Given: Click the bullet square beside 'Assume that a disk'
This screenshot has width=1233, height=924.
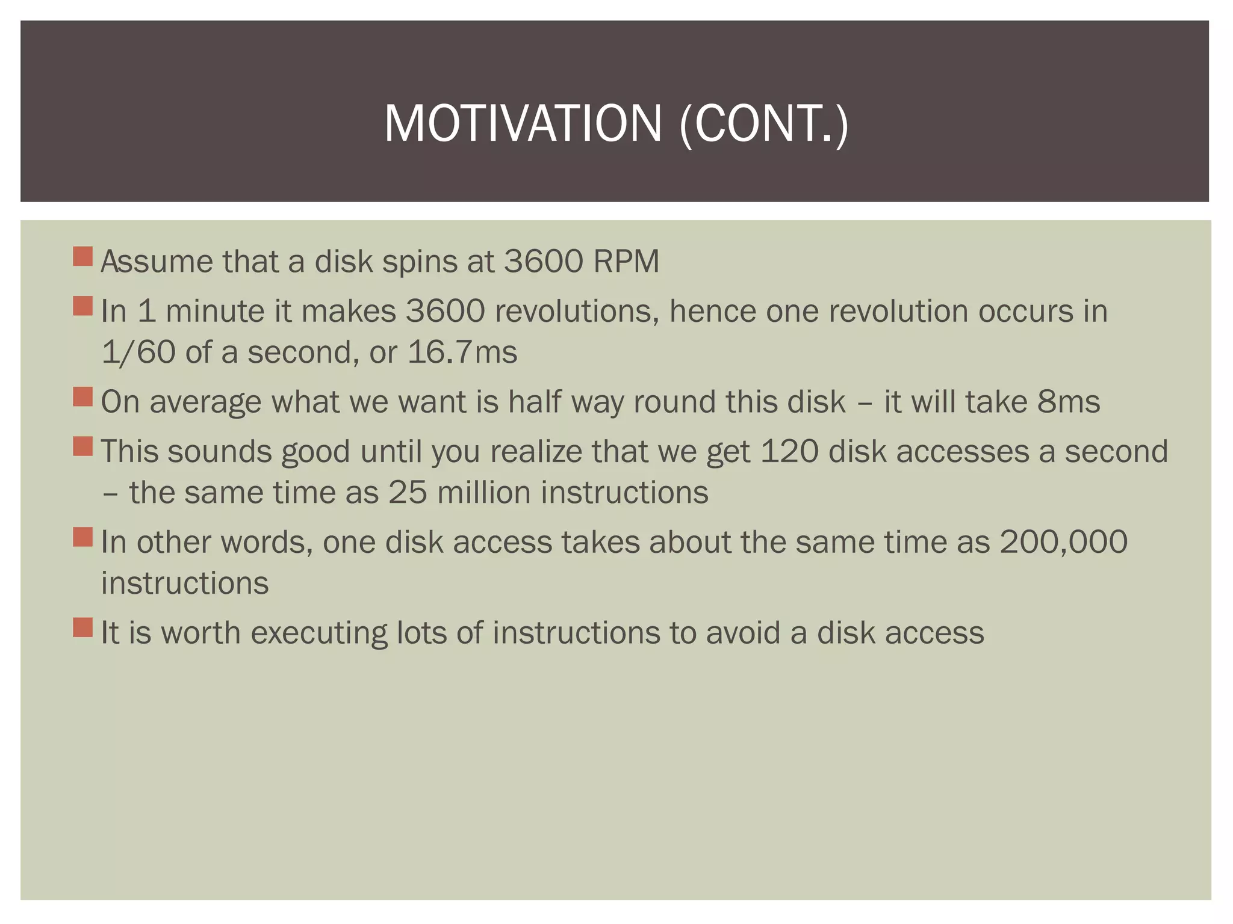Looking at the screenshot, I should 82,256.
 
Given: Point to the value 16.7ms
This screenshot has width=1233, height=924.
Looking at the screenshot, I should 462,353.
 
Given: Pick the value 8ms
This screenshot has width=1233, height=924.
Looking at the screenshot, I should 1068,402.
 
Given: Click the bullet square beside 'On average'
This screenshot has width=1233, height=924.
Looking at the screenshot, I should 82,397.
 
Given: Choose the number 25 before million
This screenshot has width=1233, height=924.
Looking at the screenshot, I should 408,493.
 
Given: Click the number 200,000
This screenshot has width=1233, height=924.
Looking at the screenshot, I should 1063,543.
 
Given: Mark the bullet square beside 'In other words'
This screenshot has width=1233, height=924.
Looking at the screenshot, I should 82,537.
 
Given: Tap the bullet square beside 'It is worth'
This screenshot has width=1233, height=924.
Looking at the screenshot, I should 82,627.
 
